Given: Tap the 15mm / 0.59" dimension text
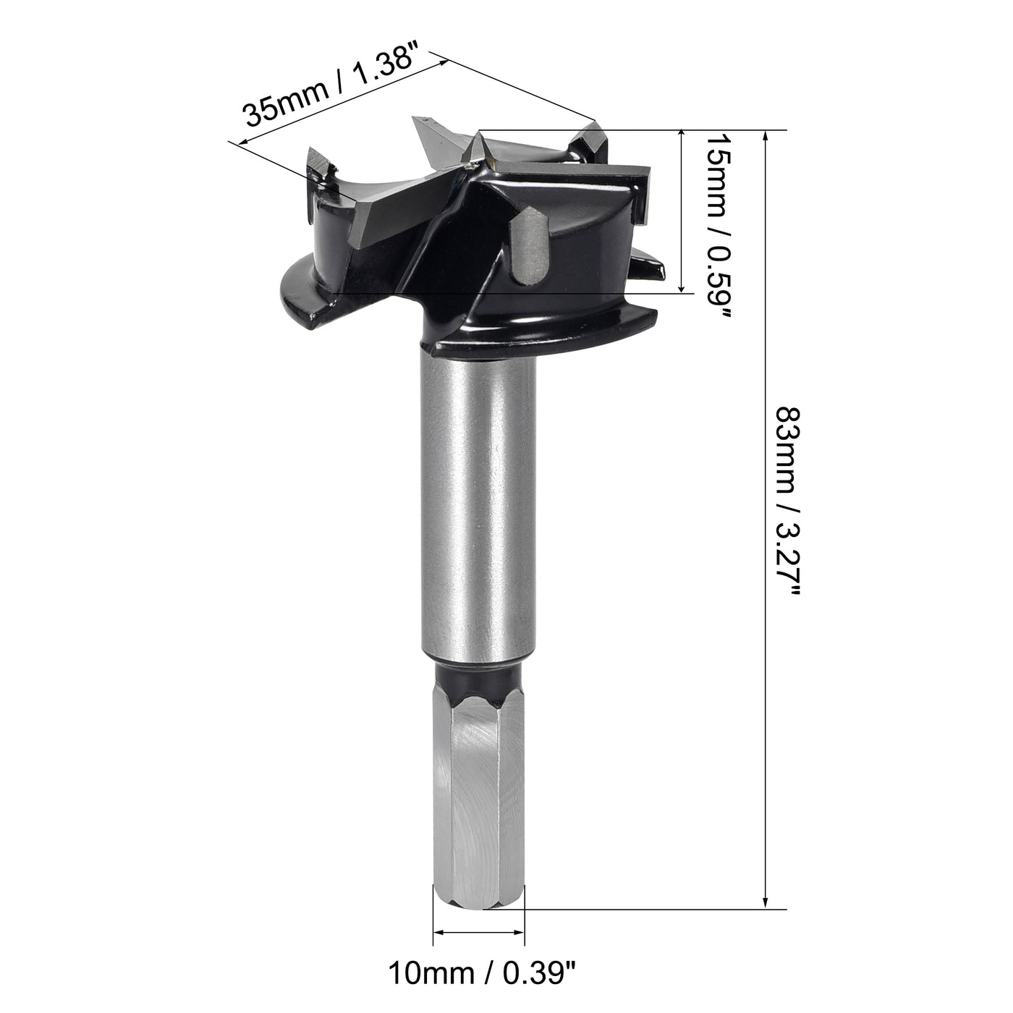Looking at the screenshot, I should (719, 224).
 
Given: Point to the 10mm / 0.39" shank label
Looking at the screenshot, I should (483, 973).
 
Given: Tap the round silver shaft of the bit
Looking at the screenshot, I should (478, 506).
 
